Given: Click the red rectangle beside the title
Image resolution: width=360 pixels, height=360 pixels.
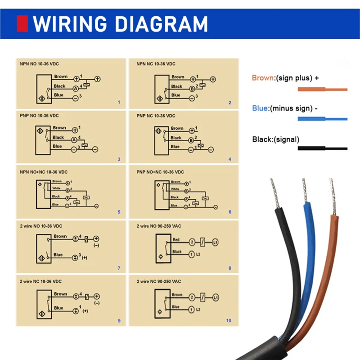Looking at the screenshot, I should [22, 23].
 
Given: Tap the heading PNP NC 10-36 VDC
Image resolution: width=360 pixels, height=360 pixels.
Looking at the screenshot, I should [156, 116].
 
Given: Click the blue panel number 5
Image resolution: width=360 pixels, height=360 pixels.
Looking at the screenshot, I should [119, 211].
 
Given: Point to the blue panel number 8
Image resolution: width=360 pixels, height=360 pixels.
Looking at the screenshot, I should [229, 268].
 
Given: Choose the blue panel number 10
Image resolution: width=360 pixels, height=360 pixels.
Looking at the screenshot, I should [229, 320].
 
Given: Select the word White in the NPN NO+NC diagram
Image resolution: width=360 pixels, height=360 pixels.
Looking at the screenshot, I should [56, 188].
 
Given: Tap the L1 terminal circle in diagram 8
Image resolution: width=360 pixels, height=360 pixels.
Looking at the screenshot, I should [216, 243].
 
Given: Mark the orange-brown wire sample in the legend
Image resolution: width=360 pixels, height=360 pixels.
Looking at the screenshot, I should [322, 90].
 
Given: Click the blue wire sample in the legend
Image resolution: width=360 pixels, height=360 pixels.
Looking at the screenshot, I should [322, 119].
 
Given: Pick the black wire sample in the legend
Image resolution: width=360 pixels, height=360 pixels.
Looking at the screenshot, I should [322, 148].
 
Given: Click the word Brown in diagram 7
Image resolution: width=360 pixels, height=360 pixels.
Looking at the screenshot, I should [60, 236].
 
